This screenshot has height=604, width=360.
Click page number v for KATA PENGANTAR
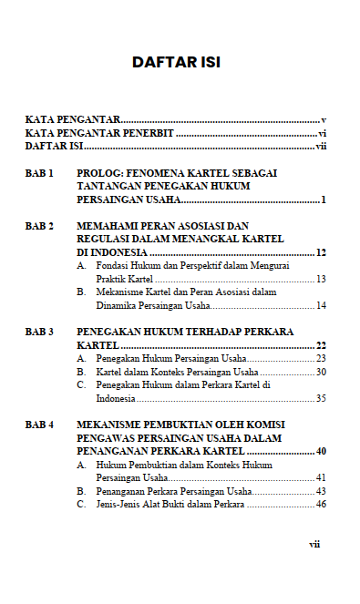pos(324,119)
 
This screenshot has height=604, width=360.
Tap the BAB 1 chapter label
pos(39,172)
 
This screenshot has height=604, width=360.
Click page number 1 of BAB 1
pos(324,199)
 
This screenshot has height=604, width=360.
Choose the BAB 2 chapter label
pos(39,225)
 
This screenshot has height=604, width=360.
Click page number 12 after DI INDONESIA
pos(321,251)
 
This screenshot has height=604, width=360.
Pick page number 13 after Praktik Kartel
pos(321,279)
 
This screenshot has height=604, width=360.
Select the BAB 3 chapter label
pos(39,333)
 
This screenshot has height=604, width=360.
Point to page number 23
pos(321,359)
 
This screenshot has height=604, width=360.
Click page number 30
pos(321,372)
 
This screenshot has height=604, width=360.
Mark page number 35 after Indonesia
pos(321,398)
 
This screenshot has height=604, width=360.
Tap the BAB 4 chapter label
pos(39,425)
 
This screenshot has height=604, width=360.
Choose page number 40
pos(321,452)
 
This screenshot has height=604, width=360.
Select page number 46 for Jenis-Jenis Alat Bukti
pos(321,505)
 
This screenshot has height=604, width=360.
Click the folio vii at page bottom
pos(314,544)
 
